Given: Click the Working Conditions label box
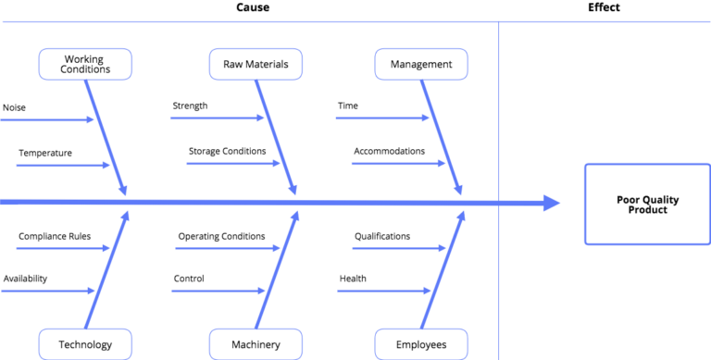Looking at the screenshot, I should tap(85, 64).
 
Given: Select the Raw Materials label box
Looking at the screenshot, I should tap(256, 64).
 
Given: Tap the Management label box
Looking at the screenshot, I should tap(421, 64).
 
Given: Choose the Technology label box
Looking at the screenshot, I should tap(85, 344).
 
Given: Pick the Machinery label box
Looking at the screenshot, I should tap(256, 344).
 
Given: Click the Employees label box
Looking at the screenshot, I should tap(421, 344).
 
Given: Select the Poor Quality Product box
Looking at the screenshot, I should tap(642, 204).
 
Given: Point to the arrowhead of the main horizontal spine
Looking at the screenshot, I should tap(553, 203).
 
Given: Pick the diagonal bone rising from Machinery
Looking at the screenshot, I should tap(278, 269).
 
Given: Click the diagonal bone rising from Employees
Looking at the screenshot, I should tap(443, 269).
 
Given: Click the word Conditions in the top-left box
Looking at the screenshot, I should tap(85, 69).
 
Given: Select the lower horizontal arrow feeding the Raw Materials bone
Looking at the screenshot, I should tap(233, 164).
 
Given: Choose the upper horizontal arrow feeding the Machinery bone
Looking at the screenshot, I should tap(227, 249).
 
